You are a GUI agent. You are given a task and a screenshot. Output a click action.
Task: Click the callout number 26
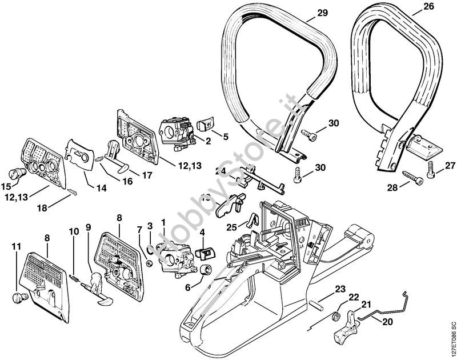pyautogui.click(x=428, y=8)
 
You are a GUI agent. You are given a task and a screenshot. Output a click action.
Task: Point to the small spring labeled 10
pyautogui.click(x=76, y=277)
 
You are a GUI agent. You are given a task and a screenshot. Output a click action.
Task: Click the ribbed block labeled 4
pyautogui.click(x=203, y=251)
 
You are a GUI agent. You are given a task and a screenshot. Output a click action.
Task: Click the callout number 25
pyautogui.click(x=231, y=227)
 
